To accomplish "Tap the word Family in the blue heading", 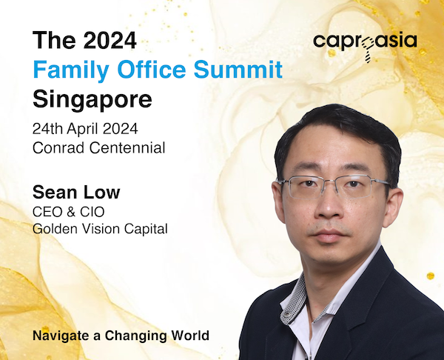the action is click(71, 70).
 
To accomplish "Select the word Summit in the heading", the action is click(238, 69).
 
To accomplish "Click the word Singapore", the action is click(92, 99).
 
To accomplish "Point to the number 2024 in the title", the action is click(110, 40).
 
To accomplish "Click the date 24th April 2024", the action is click(85, 130).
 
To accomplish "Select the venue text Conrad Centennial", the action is click(99, 147).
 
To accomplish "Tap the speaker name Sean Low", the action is click(76, 192).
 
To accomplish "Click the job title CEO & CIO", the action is click(69, 212).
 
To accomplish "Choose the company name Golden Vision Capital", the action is click(100, 229).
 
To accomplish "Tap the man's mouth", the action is click(330, 236).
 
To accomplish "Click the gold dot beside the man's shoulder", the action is click(431, 276).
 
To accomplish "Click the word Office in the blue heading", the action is click(152, 69).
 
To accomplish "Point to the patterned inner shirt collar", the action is click(295, 301).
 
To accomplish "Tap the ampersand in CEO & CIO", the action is click(68, 212).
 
